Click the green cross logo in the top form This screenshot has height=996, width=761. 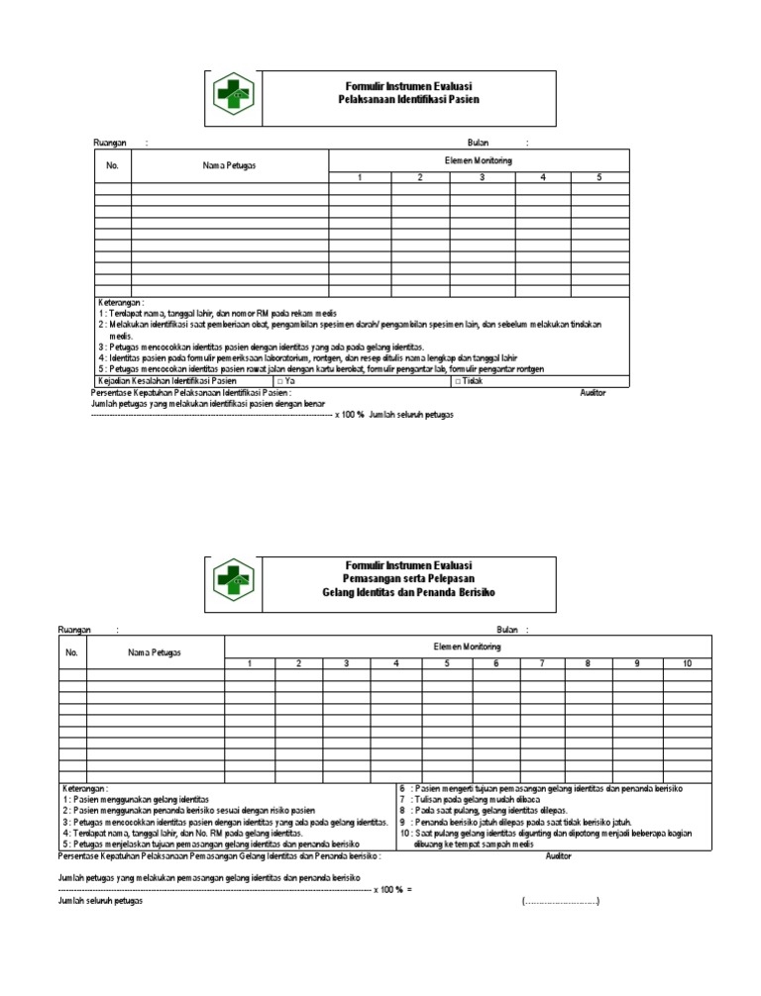(235, 95)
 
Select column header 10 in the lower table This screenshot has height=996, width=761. (686, 662)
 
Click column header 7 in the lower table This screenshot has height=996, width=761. (542, 662)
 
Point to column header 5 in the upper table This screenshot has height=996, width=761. (599, 178)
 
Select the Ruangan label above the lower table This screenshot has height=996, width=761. (75, 629)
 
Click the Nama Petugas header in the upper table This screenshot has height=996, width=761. (229, 165)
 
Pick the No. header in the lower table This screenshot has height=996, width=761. (72, 651)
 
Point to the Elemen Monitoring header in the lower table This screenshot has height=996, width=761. (467, 646)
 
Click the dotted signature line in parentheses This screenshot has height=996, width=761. (561, 872)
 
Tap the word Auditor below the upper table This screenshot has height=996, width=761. (593, 393)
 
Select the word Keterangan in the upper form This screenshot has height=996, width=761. (120, 302)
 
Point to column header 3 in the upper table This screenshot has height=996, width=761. (483, 178)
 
